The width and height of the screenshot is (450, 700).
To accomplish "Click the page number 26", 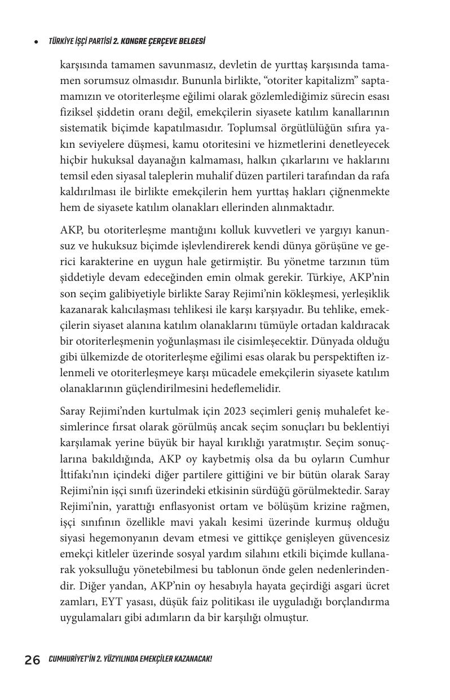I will [x=32, y=660].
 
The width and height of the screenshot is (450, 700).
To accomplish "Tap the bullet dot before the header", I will [x=36, y=42].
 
